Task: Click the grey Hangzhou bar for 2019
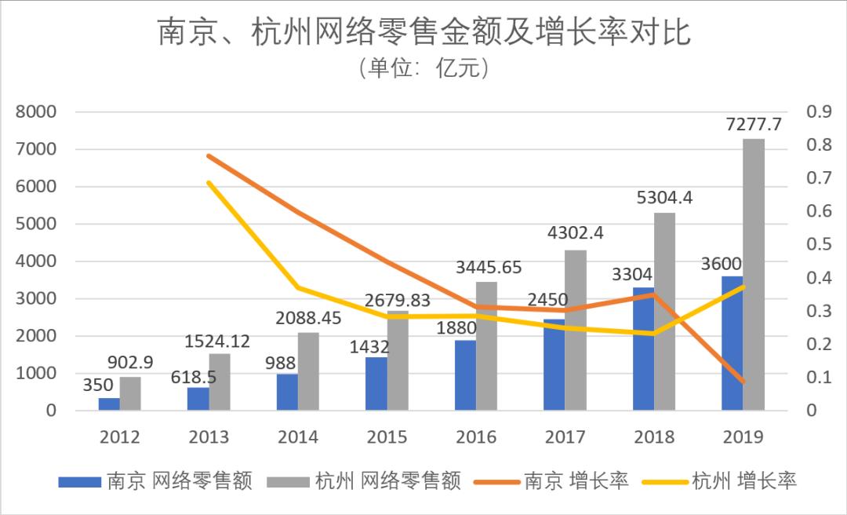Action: click(x=754, y=275)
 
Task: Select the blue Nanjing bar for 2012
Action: click(x=109, y=404)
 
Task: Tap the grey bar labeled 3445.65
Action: click(x=486, y=345)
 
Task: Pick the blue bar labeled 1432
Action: click(x=376, y=383)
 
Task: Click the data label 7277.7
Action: click(x=754, y=124)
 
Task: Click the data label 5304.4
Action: click(x=664, y=198)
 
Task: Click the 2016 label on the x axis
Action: click(x=477, y=437)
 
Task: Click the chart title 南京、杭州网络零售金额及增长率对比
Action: click(x=423, y=34)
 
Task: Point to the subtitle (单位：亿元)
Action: click(x=423, y=69)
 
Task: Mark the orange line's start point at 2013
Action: click(x=209, y=155)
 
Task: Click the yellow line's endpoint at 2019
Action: click(x=743, y=287)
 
